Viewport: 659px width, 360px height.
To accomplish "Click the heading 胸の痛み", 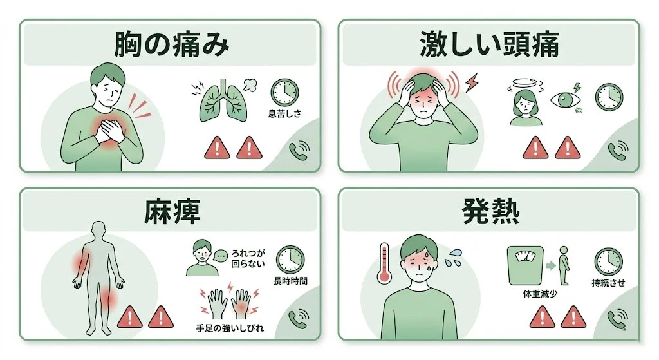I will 171,45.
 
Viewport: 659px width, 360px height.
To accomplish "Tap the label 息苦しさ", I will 284,115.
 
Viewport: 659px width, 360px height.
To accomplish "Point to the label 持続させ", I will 608,282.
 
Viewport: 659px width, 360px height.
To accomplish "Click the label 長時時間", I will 290,281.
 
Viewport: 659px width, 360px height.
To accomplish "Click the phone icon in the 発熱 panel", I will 618,318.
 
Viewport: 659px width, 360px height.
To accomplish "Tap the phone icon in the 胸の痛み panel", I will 299,150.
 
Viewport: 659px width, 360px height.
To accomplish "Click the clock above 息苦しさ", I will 284,92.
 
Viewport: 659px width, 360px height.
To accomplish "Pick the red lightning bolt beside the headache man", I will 472,82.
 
